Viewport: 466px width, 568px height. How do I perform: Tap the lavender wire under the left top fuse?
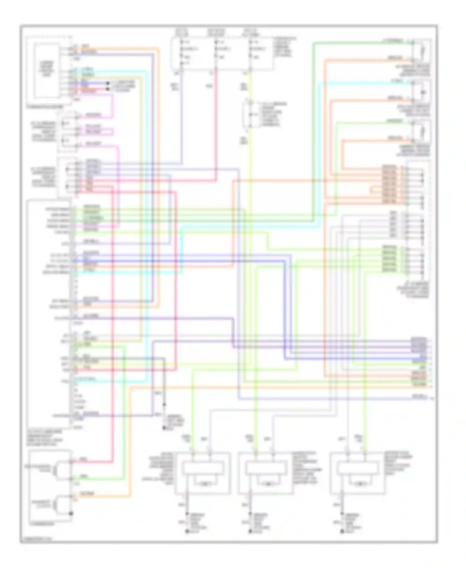pyautogui.click(x=182, y=124)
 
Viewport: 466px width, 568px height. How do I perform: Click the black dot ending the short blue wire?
pyautogui.click(x=108, y=83)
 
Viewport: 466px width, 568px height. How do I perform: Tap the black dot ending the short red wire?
pyautogui.click(x=108, y=89)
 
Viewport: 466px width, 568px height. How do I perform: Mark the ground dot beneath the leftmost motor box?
pyautogui.click(x=187, y=532)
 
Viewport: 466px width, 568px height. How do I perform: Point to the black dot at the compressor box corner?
pyautogui.click(x=71, y=513)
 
